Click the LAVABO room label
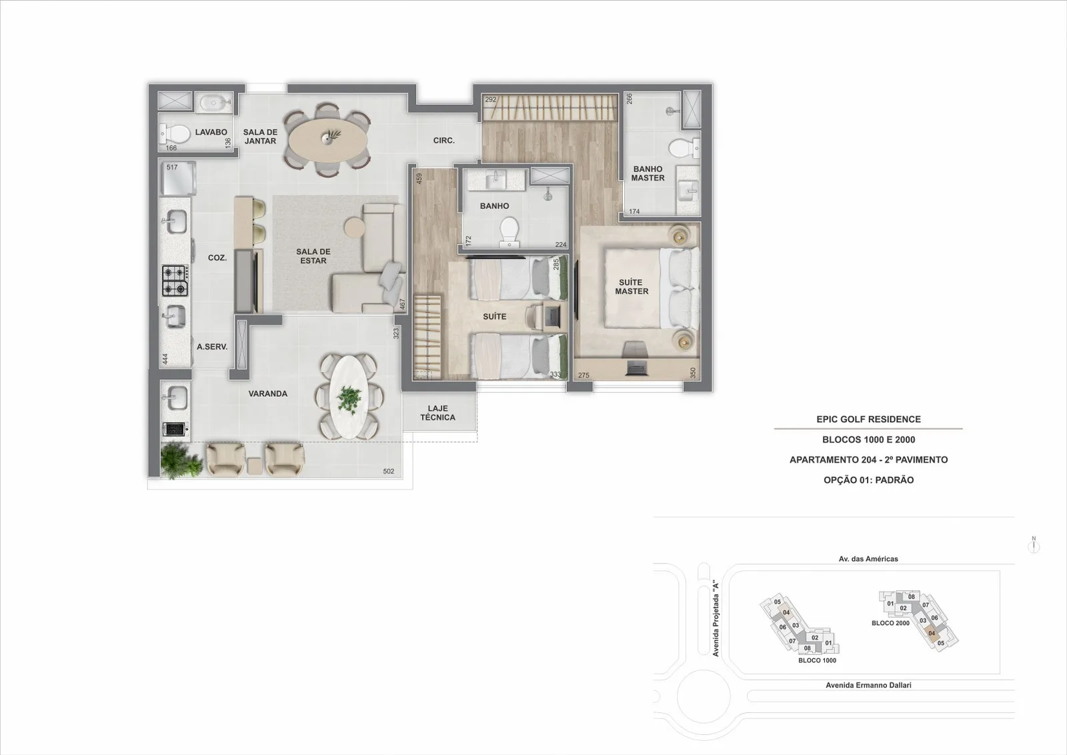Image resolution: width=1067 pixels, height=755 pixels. (211, 132)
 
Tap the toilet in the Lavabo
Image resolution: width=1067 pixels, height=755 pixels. (174, 134)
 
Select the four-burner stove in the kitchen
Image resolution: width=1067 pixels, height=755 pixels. (175, 281)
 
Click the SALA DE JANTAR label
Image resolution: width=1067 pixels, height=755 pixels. (260, 137)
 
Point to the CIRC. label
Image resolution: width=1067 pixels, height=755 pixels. (444, 141)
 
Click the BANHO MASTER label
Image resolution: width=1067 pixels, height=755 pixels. (648, 173)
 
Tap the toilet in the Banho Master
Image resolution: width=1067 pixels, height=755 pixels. (684, 148)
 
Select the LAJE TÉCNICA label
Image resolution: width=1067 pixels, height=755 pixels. (437, 413)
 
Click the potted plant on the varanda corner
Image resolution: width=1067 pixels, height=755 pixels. (181, 461)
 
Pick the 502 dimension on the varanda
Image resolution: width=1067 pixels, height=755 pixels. (389, 472)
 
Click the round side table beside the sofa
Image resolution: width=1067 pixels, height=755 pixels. (354, 227)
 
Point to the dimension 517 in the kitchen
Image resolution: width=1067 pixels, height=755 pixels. (172, 167)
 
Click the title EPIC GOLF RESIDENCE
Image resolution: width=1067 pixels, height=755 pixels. (868, 419)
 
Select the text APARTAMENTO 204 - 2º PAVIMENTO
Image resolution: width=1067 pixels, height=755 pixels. (868, 460)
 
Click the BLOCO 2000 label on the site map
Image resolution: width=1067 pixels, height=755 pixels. (890, 623)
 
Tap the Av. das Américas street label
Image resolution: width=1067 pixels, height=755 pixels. (868, 559)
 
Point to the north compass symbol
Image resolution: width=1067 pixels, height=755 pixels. (1034, 545)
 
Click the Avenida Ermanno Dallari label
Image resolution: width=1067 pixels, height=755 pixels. (868, 685)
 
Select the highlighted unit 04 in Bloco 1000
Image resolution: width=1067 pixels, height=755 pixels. (786, 612)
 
